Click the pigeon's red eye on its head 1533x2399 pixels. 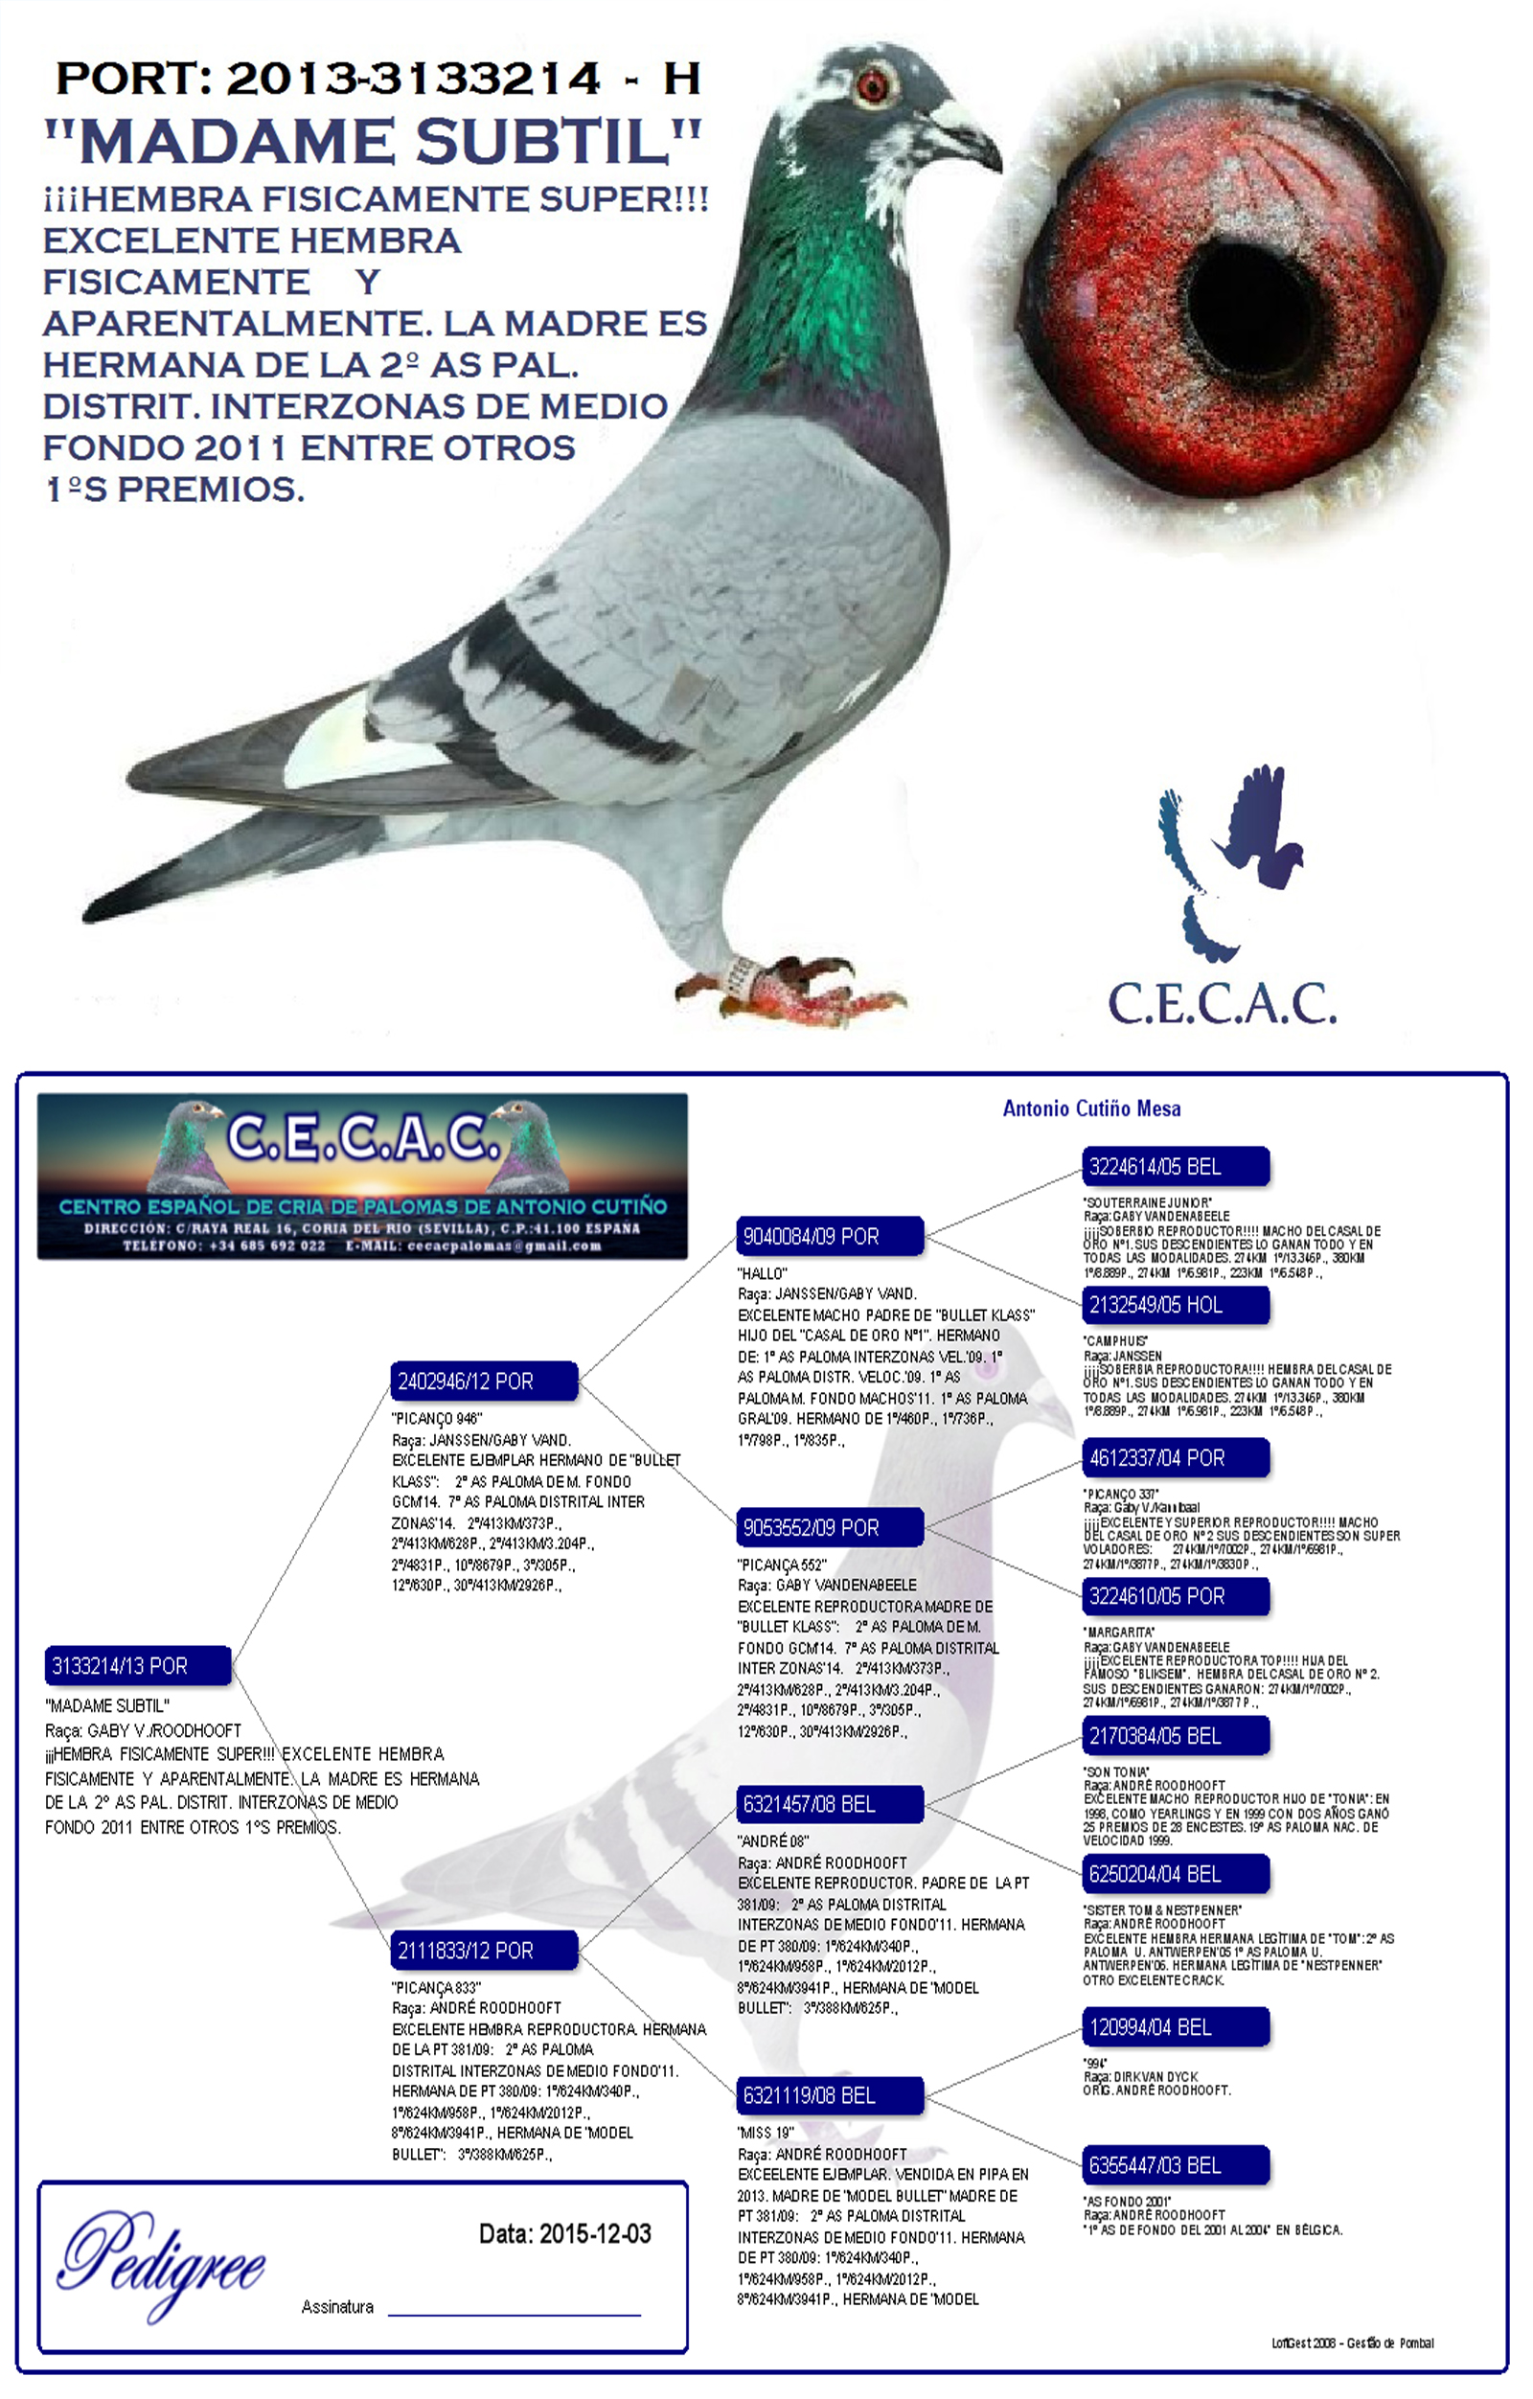point(874,84)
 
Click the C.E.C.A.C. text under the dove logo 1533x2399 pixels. point(1223,1003)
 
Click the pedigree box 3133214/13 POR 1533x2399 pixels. point(137,1666)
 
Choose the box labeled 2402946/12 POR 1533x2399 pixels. point(483,1381)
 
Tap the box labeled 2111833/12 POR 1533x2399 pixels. point(483,1950)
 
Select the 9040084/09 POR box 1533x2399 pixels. point(829,1236)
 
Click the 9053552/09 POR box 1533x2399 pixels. point(829,1527)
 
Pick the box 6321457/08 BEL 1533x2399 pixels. point(829,1804)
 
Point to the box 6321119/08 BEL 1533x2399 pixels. point(829,2095)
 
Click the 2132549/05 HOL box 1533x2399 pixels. point(1175,1305)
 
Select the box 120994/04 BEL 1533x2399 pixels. point(1175,2026)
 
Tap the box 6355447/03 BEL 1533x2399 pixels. point(1175,2165)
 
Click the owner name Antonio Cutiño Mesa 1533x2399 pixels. point(1090,1108)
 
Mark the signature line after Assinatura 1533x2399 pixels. point(513,2311)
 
